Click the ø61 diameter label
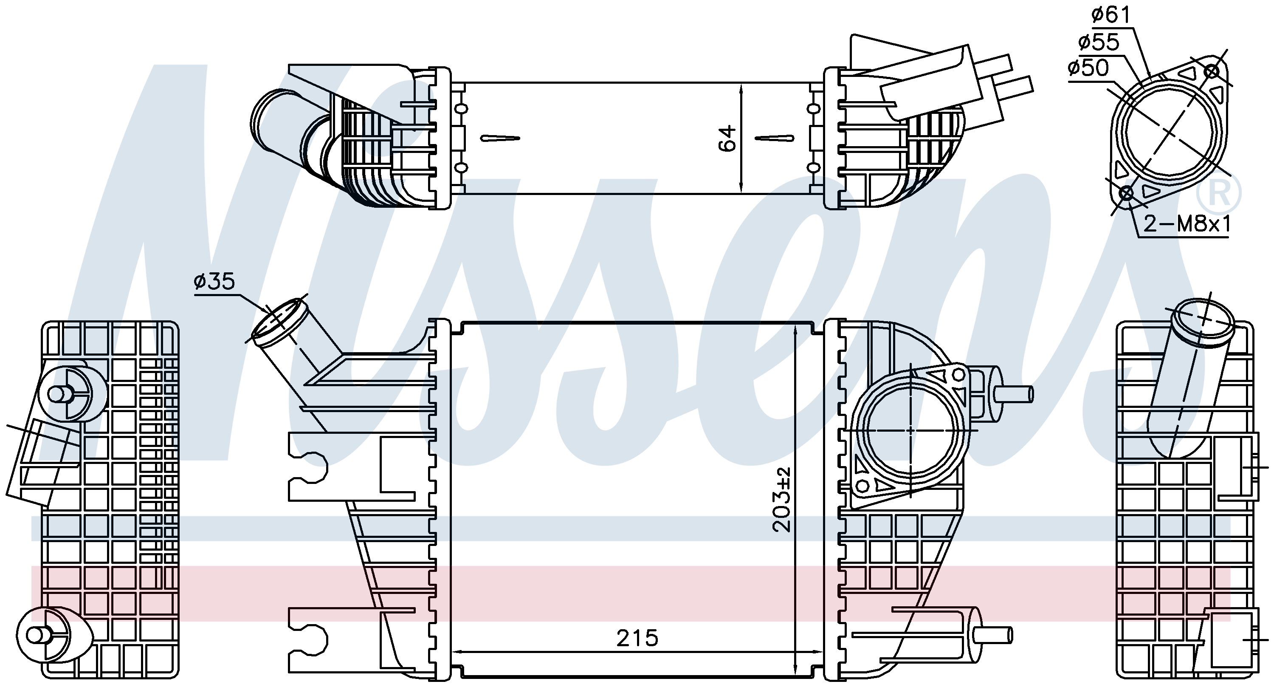click(1111, 15)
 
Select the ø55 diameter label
click(1099, 42)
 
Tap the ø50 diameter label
click(1088, 68)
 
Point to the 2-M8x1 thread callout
click(1186, 225)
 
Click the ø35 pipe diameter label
click(214, 281)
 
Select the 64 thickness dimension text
click(727, 138)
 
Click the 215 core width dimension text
click(637, 638)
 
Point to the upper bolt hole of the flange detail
click(1212, 71)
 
